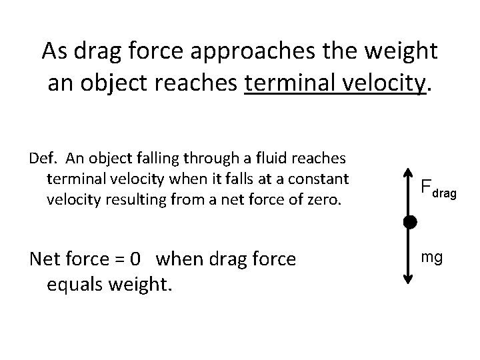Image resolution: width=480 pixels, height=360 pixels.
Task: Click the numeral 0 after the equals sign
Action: pos(136,258)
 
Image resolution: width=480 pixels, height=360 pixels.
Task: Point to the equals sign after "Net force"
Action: pos(119,259)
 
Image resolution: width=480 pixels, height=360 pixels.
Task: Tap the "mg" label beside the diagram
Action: pos(432,256)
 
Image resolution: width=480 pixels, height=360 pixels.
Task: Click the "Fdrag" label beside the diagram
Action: pos(437,190)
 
